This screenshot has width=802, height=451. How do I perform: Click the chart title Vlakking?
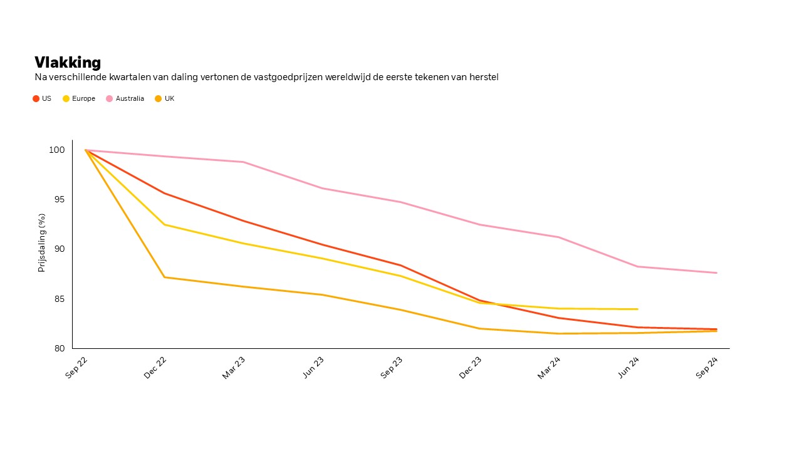click(x=68, y=63)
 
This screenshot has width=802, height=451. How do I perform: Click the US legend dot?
click(x=36, y=98)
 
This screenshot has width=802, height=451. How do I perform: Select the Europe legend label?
click(x=83, y=98)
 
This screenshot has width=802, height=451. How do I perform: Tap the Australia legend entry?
click(x=130, y=98)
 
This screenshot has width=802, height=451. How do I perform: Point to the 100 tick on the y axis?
click(x=57, y=150)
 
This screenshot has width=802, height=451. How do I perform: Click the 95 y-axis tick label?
click(x=58, y=200)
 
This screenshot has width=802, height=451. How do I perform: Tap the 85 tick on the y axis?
click(x=58, y=299)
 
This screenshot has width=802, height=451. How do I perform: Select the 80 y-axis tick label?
click(x=58, y=348)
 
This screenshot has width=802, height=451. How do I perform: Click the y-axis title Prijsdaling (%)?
click(x=42, y=242)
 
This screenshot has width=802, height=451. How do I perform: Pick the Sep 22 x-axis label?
click(x=77, y=367)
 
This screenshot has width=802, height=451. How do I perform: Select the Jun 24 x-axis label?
click(x=628, y=367)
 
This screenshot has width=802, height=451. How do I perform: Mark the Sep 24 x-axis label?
click(x=707, y=367)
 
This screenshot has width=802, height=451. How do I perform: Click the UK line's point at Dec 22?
click(x=164, y=277)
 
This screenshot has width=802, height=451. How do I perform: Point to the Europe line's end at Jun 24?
click(x=637, y=309)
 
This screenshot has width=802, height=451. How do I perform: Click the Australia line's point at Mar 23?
click(x=243, y=162)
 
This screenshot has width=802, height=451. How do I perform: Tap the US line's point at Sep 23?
click(x=401, y=265)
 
